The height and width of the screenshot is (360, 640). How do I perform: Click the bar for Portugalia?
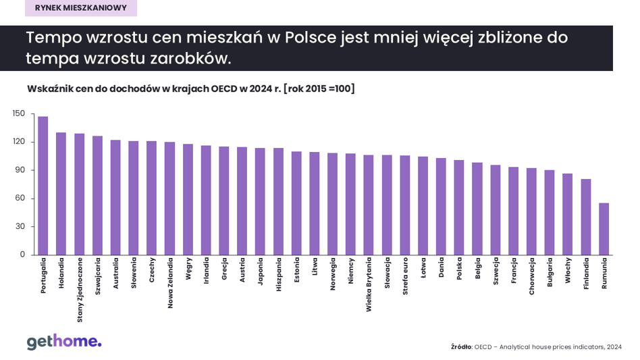click(x=43, y=186)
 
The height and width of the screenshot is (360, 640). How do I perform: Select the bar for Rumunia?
click(x=604, y=229)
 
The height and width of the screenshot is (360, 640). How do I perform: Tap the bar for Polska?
click(x=459, y=207)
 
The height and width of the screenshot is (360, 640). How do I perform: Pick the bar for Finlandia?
click(x=586, y=217)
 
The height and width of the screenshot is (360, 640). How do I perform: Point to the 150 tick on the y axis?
click(x=19, y=113)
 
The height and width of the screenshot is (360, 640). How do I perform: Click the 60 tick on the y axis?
click(x=20, y=198)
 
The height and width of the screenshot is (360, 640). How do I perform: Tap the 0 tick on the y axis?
click(x=22, y=255)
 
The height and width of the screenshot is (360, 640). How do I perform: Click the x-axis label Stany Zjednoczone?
click(x=80, y=290)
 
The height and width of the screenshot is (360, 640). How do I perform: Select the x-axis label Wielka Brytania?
click(x=369, y=284)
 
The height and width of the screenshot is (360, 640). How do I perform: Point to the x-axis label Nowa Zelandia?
click(x=170, y=283)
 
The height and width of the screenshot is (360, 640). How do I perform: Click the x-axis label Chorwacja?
click(x=531, y=276)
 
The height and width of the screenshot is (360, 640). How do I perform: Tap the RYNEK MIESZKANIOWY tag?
click(x=81, y=8)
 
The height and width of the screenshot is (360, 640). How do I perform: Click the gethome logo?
click(x=64, y=342)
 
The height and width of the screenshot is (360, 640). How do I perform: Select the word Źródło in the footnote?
click(x=460, y=347)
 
